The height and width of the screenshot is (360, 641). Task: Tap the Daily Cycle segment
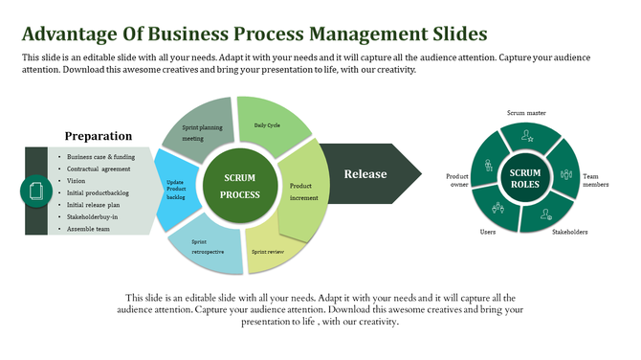(271, 124)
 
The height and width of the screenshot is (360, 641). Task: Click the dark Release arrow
(368, 174)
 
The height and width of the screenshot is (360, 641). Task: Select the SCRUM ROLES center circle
(525, 179)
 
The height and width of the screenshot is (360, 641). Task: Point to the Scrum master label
(525, 113)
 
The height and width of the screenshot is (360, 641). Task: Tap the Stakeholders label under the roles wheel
(570, 232)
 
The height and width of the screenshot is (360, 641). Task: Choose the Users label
(488, 233)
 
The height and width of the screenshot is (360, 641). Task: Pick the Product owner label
(457, 181)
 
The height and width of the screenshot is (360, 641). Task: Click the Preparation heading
(99, 136)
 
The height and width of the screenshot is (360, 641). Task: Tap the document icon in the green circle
(35, 191)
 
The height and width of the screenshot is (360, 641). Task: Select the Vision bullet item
(77, 181)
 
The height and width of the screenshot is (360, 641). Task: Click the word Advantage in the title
(69, 35)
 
